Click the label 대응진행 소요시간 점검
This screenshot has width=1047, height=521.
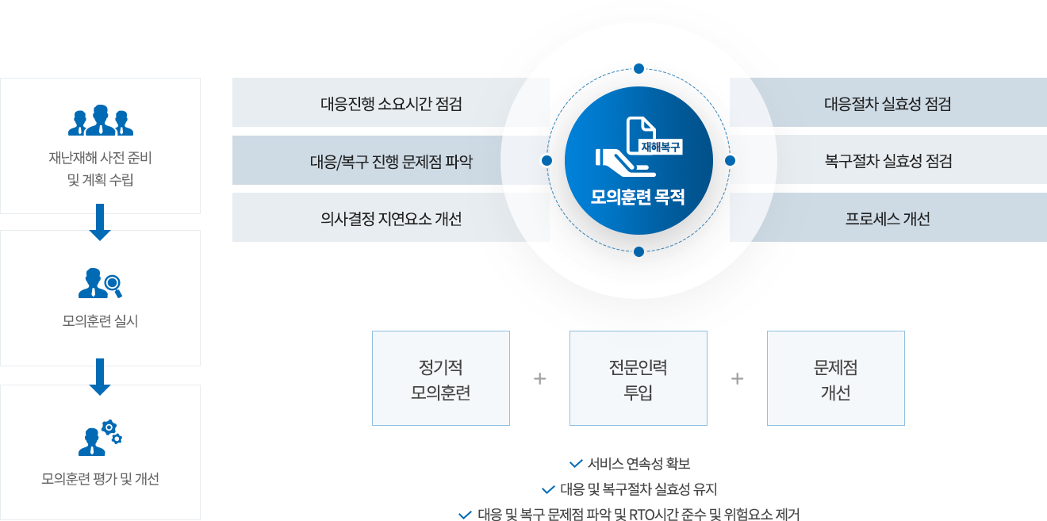tap(391, 104)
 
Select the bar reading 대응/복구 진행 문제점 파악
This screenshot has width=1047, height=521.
tap(391, 162)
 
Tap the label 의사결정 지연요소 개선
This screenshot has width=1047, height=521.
tap(391, 219)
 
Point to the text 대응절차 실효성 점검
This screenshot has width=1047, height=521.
tap(888, 104)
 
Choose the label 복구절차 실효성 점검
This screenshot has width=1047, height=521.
tap(888, 162)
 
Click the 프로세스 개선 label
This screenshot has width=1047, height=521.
tap(888, 219)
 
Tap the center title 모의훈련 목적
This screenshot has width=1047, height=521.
tap(638, 197)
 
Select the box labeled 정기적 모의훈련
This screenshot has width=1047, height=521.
tap(441, 379)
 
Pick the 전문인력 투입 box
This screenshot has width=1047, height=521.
tap(639, 379)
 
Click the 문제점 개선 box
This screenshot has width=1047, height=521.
tap(835, 379)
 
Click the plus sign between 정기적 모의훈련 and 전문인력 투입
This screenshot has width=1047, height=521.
tap(540, 379)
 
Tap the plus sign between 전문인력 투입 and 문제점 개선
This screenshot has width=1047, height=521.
tap(738, 379)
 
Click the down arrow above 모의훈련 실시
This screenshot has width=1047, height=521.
tap(100, 223)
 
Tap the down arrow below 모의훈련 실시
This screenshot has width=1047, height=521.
tap(100, 377)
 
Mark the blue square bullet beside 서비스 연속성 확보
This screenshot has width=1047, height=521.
tap(576, 463)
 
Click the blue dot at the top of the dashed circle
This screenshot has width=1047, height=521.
tap(639, 69)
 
